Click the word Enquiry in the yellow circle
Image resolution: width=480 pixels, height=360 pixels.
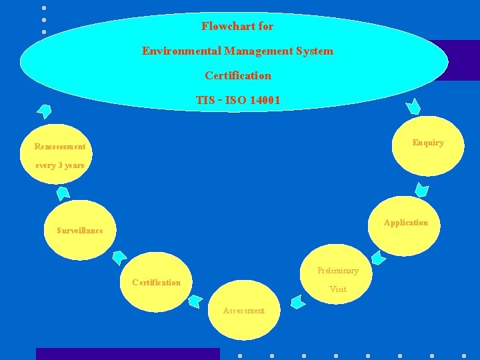[428, 143]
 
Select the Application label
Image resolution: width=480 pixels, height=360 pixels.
[405, 223]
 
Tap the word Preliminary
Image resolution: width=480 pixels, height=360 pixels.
[337, 271]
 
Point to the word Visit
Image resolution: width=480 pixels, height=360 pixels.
[338, 289]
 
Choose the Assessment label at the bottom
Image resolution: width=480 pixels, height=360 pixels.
[244, 311]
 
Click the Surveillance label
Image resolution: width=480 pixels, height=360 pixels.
[80, 231]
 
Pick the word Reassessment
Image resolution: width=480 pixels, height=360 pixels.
[60, 147]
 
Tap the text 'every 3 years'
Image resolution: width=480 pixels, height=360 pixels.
[60, 165]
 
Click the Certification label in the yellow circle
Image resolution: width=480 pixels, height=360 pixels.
[156, 283]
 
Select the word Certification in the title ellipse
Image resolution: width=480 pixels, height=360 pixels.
[238, 75]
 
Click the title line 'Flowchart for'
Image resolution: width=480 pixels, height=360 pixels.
[237, 27]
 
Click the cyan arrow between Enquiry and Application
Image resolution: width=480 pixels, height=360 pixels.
[421, 189]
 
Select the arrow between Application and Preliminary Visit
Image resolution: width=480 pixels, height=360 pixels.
[378, 257]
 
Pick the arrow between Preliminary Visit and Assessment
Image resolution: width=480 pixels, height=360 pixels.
[298, 301]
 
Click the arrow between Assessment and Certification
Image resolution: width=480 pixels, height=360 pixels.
[195, 301]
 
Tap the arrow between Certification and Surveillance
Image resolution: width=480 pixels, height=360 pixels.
[120, 257]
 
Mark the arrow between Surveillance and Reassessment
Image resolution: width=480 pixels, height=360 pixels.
[63, 193]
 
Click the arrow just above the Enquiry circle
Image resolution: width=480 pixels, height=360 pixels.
[414, 105]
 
